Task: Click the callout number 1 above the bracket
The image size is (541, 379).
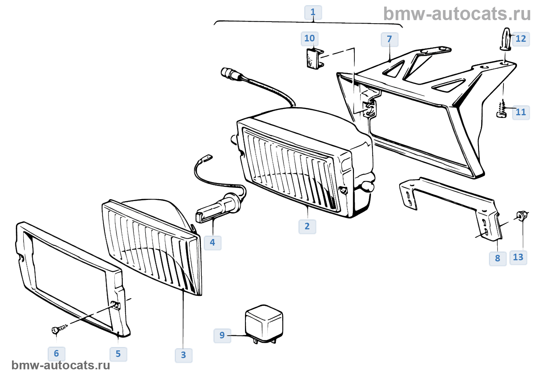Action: point(313,12)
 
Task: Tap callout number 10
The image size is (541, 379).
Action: point(310,38)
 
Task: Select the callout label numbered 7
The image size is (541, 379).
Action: point(390,39)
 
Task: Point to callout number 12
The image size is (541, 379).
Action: point(521,39)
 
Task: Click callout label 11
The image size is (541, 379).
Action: point(521,113)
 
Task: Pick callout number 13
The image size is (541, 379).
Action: point(518,258)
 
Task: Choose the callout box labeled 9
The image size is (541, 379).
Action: point(222,336)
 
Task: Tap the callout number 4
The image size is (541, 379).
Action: point(213,242)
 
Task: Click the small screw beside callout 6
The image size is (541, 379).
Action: point(60,329)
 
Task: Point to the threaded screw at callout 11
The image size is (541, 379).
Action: point(502,109)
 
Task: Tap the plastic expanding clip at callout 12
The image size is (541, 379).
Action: point(505,39)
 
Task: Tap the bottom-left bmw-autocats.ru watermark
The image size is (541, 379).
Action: point(61,365)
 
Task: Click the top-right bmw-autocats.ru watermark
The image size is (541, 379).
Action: point(457,14)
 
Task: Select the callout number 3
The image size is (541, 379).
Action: point(184,355)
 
